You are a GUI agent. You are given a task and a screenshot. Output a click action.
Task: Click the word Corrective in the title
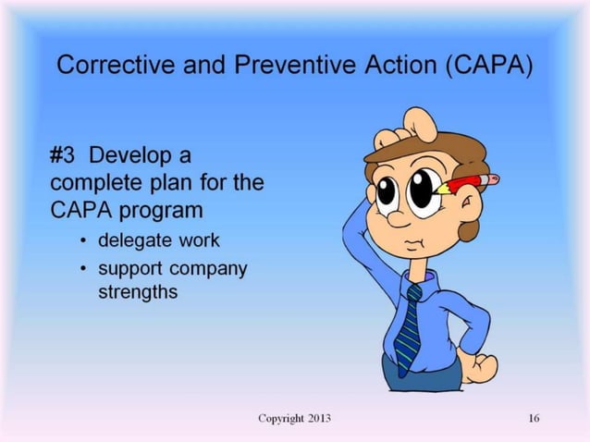coord(103,68)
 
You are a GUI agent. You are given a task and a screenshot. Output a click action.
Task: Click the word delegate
coord(130,239)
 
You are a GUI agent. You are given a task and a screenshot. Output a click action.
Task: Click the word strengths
coord(138,292)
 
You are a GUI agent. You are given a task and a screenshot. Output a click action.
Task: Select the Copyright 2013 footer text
coord(294,419)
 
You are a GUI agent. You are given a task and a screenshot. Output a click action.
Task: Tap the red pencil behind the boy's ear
coord(471,181)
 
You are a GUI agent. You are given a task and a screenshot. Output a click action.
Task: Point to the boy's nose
coord(397,218)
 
